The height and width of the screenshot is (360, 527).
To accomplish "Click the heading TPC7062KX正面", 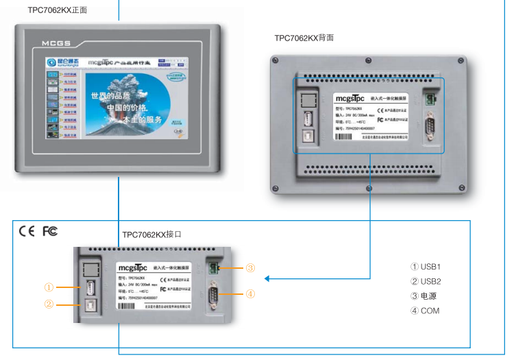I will (58, 10).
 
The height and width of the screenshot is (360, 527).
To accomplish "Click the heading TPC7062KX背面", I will (304, 38).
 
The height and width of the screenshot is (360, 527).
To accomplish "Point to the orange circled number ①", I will (49, 287).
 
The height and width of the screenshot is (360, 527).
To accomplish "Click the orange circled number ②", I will (49, 304).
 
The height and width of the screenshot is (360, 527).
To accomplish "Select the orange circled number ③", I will (250, 267).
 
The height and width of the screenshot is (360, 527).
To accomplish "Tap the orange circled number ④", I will (250, 294).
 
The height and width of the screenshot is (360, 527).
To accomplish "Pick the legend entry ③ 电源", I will (424, 296).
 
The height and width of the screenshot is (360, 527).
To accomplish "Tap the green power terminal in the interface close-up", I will (214, 267).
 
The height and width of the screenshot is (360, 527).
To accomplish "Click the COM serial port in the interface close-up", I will (214, 294).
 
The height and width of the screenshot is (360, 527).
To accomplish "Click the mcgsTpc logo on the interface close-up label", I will (132, 267).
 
